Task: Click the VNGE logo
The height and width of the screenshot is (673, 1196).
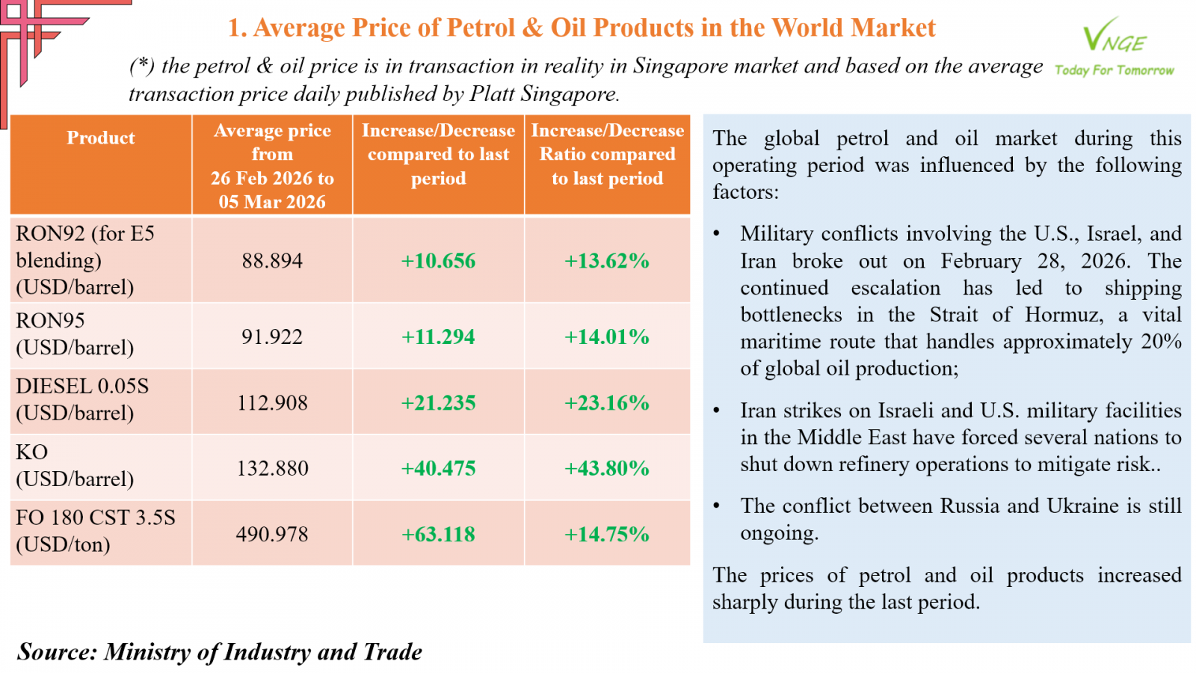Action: pos(1114,36)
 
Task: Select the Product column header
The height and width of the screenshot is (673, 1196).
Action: pos(101,138)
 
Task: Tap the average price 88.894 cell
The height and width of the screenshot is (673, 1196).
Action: pos(272,260)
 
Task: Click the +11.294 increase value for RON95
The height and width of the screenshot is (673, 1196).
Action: pos(438,336)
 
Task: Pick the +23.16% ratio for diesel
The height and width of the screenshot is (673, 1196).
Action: pos(606,402)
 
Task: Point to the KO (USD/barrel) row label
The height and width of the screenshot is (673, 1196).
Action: pos(75,465)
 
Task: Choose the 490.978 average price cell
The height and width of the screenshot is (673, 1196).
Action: pos(272,534)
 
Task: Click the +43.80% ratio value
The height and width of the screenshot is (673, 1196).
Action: pos(606,468)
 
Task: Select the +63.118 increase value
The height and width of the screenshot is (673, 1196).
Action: pos(438,534)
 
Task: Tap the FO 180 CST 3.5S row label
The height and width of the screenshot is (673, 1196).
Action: pos(96,517)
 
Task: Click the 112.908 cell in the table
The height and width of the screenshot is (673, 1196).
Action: pos(272,402)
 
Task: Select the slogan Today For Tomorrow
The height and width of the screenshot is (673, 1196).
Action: pos(1114,70)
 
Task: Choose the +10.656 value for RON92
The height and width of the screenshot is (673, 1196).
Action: pos(438,260)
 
